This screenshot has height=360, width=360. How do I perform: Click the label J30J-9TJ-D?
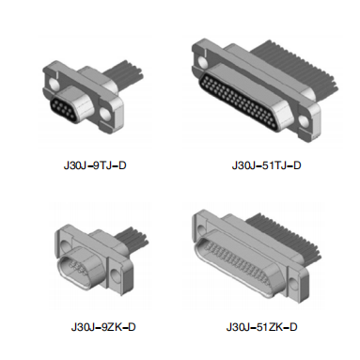95,165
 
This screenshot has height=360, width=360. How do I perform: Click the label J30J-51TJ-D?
266,165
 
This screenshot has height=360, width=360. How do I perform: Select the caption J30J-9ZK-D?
103,327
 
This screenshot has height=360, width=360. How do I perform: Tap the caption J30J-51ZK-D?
261,327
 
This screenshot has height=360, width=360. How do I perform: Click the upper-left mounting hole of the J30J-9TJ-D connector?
55,84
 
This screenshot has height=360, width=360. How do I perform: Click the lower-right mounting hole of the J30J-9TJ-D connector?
105,115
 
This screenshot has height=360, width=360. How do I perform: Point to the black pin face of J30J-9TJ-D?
64,109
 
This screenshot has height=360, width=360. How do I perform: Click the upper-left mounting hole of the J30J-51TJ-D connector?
202,63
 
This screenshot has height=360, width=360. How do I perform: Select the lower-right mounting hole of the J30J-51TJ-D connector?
304,121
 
